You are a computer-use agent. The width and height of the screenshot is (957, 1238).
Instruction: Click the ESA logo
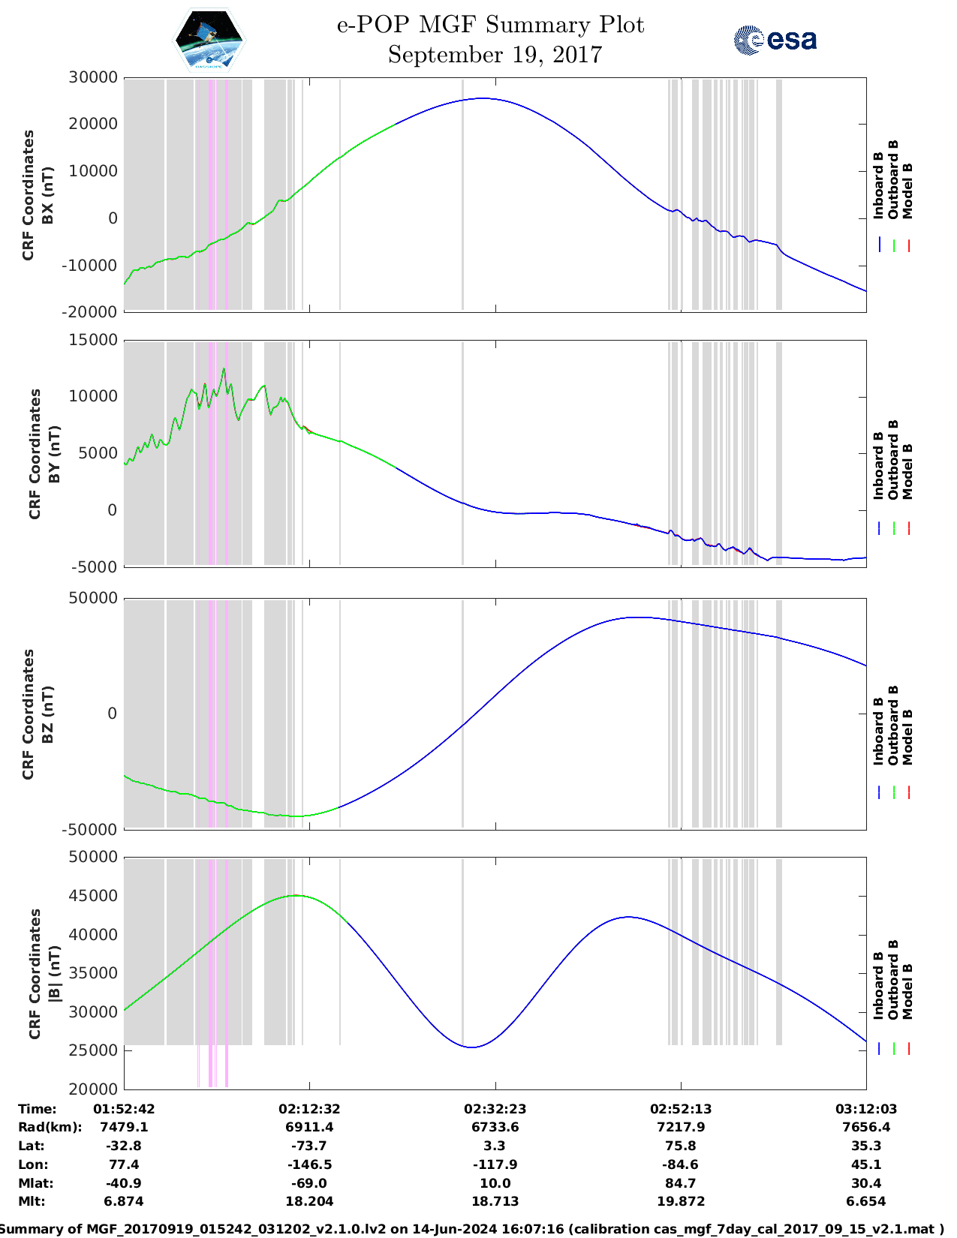775,40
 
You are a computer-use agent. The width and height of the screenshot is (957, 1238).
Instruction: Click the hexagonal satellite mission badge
209,41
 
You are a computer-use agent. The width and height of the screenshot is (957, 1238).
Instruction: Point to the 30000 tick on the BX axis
93,77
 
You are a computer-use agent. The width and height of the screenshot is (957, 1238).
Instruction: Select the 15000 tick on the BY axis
93,341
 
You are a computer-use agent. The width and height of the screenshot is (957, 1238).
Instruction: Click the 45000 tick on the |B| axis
93,896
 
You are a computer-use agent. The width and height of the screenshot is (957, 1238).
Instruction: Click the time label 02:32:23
495,1109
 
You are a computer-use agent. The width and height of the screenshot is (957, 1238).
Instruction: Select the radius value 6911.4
308,1127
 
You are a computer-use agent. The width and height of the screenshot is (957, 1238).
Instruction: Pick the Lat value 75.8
681,1146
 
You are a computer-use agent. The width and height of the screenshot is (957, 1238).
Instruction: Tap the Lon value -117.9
495,1164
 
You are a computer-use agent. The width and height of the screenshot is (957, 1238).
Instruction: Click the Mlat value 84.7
681,1183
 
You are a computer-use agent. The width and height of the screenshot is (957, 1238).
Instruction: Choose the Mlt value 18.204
308,1201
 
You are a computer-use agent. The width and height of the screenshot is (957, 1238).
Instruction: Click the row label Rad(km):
50,1127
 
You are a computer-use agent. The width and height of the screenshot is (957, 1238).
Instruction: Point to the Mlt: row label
32,1201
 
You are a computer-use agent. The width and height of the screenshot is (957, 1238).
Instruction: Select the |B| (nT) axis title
53,973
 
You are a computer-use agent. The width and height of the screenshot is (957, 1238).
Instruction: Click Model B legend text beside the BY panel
907,471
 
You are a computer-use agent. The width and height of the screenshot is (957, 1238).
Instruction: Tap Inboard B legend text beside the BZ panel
878,732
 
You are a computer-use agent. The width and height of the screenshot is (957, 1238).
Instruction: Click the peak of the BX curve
482,98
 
